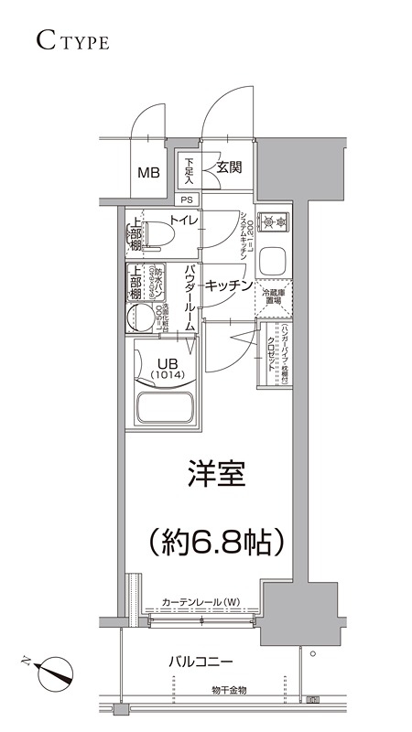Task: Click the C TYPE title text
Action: pos(74,41)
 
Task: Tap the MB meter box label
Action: pos(147,172)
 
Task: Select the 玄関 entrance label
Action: pos(228,167)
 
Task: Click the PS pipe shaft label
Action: pos(187,199)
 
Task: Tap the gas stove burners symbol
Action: pos(273,221)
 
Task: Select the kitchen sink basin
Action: pos(273,262)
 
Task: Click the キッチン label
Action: pos(228,285)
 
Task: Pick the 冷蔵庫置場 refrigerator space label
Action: pos(273,299)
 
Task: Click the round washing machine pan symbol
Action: pos(144,317)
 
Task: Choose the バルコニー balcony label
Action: pos(201,661)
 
